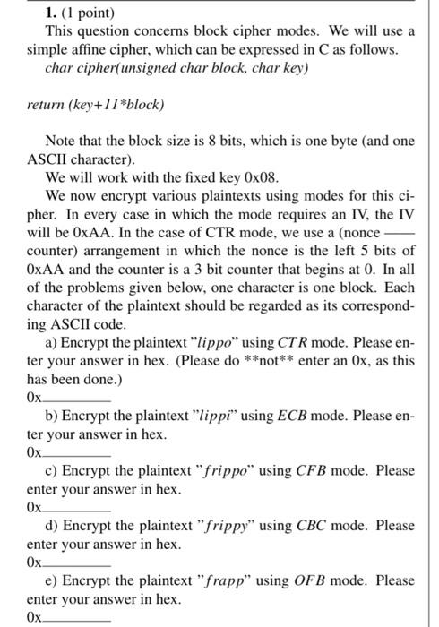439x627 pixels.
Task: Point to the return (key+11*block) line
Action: point(95,105)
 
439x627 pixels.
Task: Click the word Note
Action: point(62,142)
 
